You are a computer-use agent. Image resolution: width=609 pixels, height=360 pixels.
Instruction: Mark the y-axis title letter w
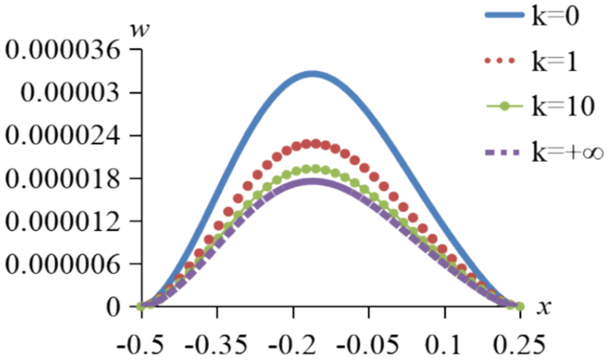click(140, 29)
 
